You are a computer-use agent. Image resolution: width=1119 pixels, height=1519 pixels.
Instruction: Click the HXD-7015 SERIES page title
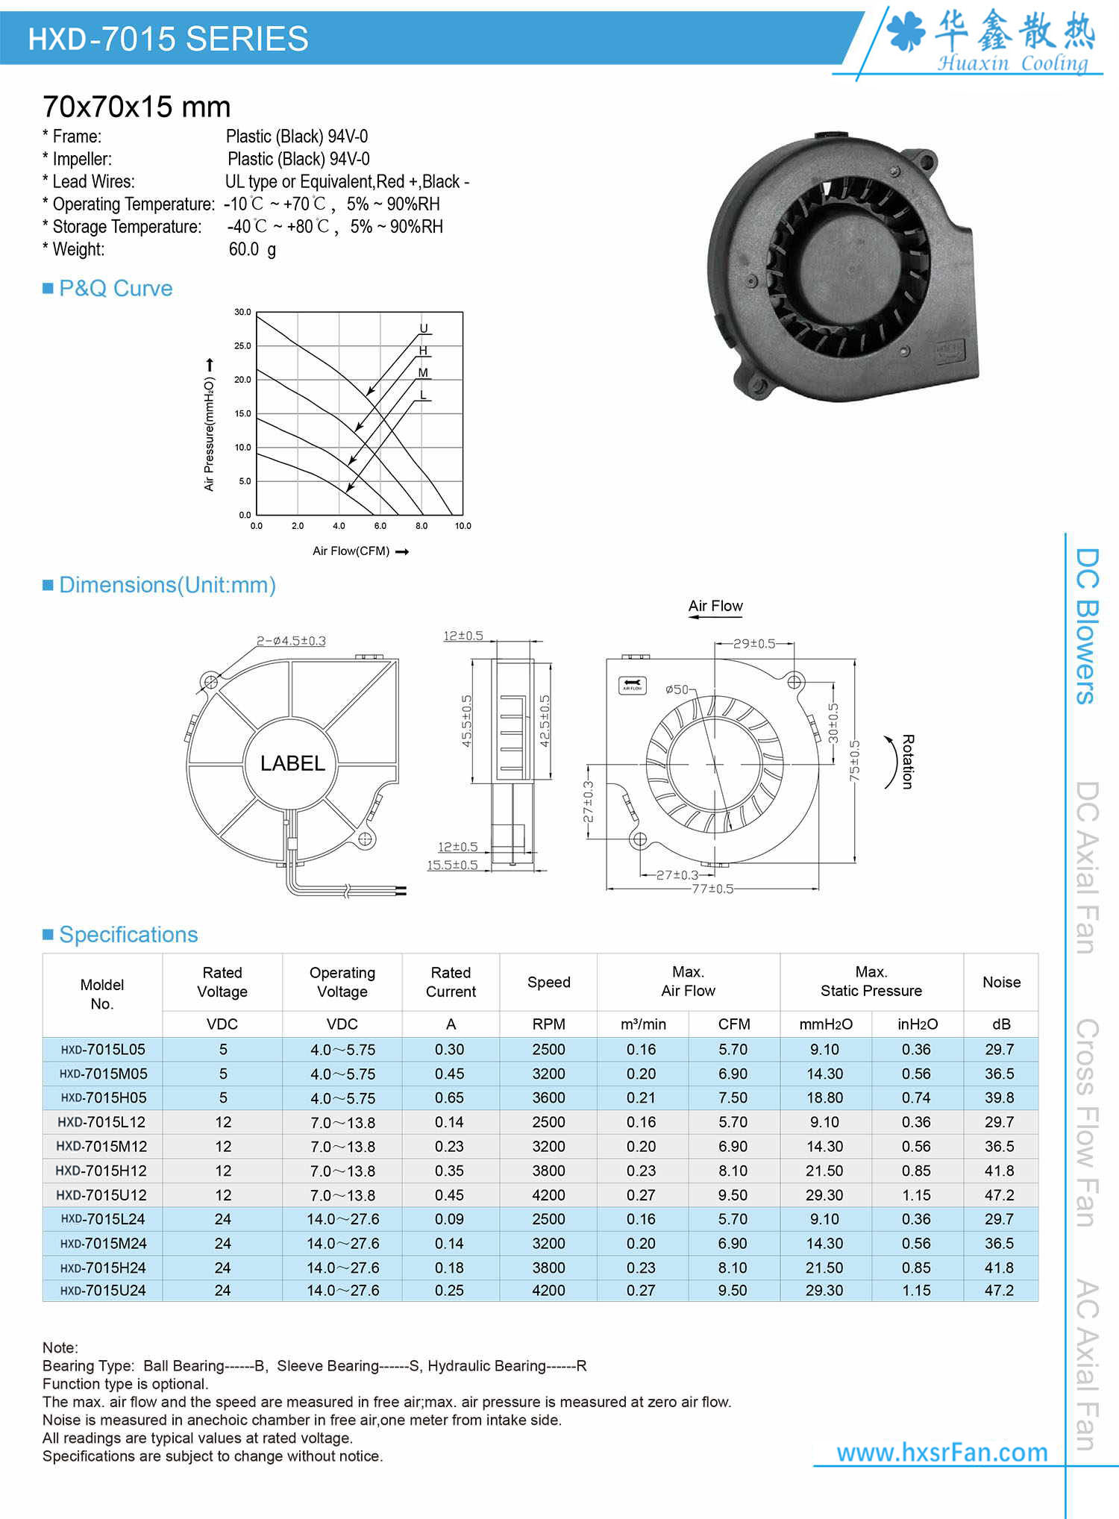[168, 39]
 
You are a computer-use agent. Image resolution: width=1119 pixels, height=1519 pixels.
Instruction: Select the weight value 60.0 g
[252, 249]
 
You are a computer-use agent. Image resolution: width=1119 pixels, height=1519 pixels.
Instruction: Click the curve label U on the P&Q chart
[424, 328]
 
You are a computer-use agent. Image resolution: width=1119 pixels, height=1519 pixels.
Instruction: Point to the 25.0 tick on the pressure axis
[242, 346]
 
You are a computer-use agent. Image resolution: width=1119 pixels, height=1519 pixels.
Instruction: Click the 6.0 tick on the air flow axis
[380, 526]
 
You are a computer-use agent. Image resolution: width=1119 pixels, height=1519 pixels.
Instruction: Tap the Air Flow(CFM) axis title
[351, 551]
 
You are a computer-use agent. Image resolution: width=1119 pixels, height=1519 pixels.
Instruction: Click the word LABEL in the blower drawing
[292, 763]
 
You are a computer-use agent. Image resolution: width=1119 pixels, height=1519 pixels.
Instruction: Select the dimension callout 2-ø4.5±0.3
[291, 641]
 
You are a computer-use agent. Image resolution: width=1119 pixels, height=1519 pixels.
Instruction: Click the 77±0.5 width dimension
[712, 889]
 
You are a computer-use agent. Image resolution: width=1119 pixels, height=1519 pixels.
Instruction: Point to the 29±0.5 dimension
[753, 643]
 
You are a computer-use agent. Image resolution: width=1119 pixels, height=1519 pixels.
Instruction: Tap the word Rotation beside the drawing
[908, 762]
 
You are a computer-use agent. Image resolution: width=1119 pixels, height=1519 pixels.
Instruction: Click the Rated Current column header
[451, 982]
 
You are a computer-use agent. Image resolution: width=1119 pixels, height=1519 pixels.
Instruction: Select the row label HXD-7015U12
[101, 1195]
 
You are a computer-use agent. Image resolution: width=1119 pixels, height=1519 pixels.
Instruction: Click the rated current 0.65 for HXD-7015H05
[449, 1098]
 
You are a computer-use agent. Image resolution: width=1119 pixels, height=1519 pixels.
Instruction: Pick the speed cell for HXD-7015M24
[548, 1244]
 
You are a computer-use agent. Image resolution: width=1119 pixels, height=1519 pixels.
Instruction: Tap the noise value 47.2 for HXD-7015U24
[999, 1291]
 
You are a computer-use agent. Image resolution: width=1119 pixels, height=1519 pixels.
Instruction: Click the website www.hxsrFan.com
[941, 1452]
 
